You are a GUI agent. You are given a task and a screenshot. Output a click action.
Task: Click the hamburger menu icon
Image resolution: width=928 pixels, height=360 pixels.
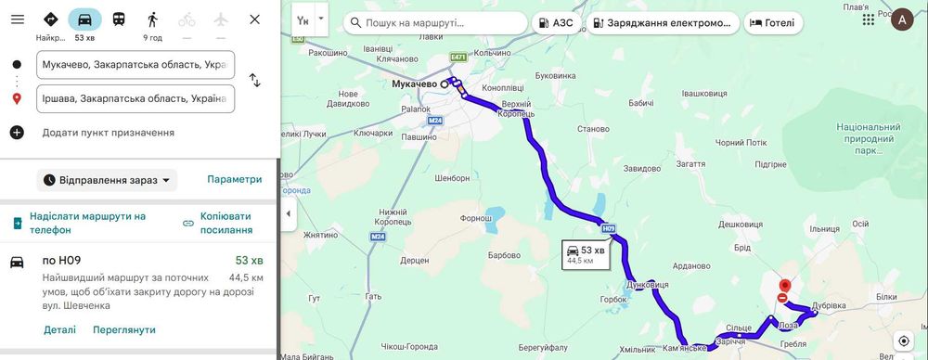tap(17, 19)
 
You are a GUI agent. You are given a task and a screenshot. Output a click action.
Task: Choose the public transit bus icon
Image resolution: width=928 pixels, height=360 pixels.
tap(119, 19)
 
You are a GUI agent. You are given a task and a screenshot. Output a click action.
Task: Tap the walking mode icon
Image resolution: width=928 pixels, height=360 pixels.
tap(152, 19)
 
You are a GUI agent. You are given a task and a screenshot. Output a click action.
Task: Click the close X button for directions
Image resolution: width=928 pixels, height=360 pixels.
tap(254, 19)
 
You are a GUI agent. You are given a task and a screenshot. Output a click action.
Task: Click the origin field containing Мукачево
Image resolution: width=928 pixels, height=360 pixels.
tap(135, 65)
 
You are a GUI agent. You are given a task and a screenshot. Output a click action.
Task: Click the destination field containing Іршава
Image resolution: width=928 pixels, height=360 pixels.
tap(135, 98)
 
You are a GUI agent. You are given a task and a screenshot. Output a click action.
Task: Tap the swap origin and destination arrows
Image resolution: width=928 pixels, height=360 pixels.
tap(254, 82)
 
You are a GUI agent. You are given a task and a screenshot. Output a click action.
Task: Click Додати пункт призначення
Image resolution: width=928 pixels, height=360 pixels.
tap(108, 133)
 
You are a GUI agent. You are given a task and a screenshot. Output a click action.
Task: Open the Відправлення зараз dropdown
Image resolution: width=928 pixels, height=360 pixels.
tap(107, 180)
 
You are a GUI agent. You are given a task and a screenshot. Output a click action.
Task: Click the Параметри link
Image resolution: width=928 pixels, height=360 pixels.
tap(234, 179)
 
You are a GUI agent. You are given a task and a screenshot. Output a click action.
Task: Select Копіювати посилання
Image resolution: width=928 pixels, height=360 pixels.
tap(219, 223)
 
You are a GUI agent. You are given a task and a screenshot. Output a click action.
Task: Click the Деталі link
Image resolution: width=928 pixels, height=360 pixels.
tap(59, 329)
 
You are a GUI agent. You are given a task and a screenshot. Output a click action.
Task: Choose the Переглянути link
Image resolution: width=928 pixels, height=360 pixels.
tap(123, 329)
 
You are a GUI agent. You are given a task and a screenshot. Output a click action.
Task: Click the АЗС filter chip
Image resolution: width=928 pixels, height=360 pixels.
tap(557, 22)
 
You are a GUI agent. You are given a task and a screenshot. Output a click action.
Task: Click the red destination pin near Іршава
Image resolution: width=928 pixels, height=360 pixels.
tap(785, 288)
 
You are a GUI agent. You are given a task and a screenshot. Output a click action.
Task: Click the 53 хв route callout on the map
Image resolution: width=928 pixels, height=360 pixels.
tap(585, 254)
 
